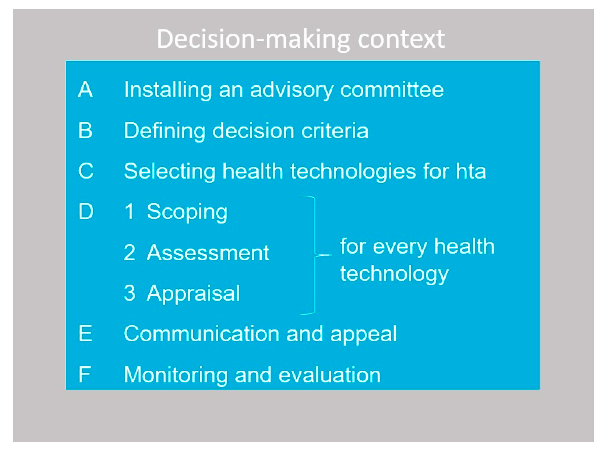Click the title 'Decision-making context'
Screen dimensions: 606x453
coord(300,40)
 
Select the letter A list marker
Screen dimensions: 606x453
coord(85,89)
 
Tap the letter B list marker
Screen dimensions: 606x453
coord(85,130)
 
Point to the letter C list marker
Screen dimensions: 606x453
coord(86,171)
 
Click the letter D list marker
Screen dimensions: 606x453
coord(86,211)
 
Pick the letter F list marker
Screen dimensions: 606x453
coord(84,374)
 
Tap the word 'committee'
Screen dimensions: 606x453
coord(392,90)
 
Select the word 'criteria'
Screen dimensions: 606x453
coord(335,130)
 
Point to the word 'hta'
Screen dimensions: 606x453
coord(471,171)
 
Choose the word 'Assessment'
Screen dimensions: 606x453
coord(208,252)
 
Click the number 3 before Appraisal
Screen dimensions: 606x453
coord(130,293)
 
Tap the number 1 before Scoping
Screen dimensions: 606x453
coord(130,211)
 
